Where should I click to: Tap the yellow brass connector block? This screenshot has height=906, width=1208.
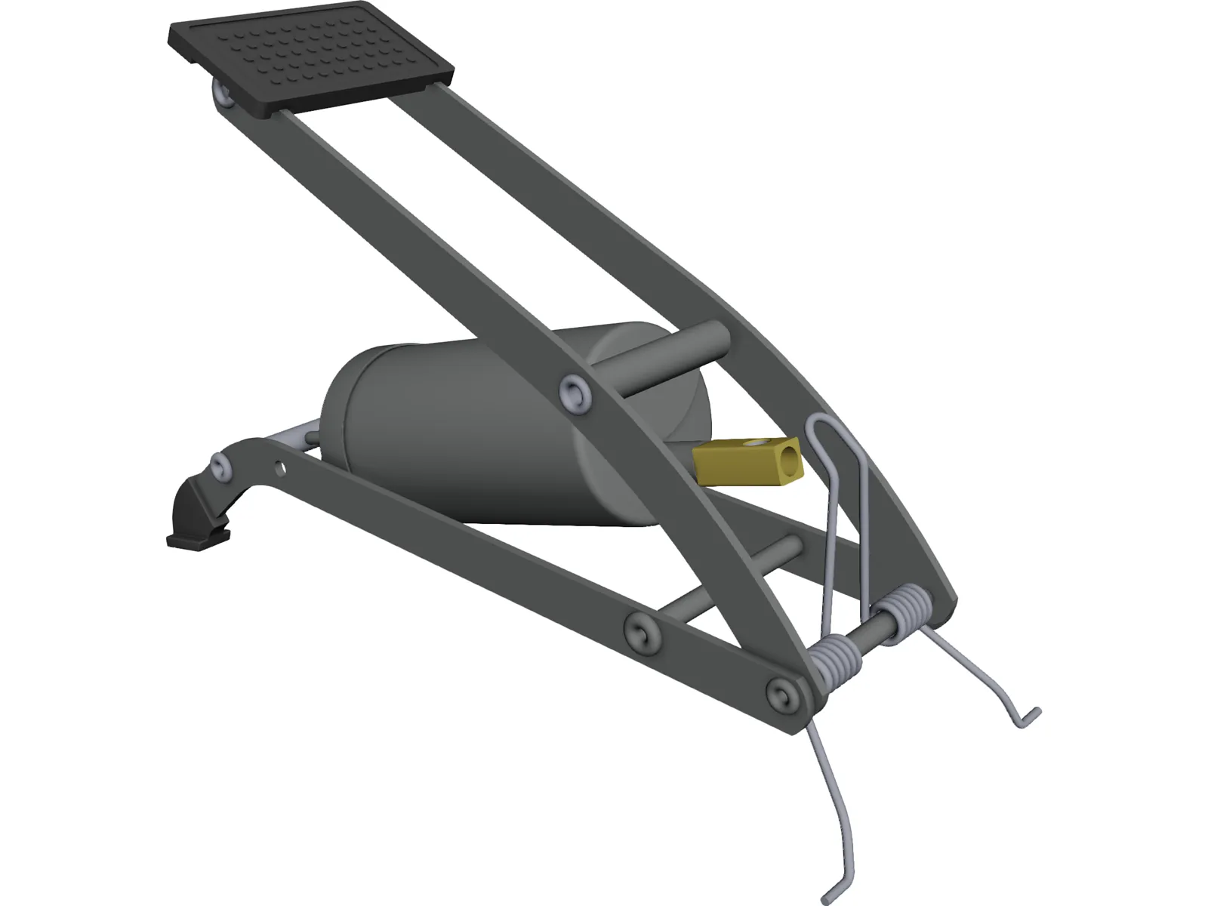(x=744, y=461)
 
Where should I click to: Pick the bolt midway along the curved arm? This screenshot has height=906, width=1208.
(x=575, y=392)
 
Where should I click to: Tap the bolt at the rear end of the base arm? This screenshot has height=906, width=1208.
(x=220, y=465)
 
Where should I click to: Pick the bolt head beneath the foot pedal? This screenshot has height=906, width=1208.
(x=222, y=96)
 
